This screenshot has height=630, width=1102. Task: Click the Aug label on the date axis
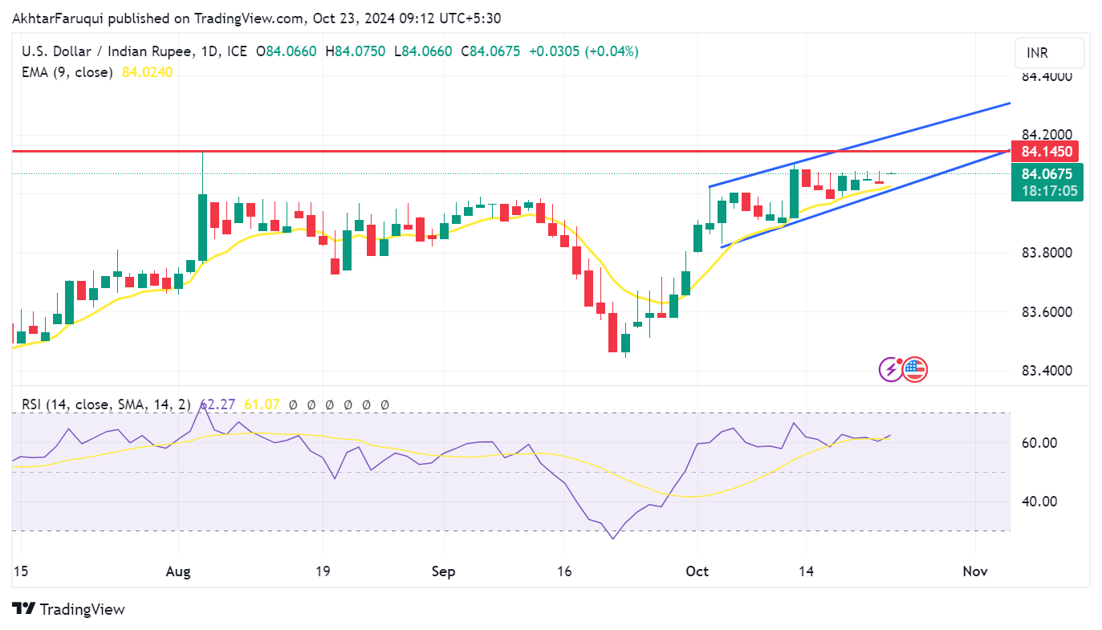tap(178, 571)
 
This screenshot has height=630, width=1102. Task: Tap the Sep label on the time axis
tap(443, 571)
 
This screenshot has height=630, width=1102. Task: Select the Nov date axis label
tap(974, 571)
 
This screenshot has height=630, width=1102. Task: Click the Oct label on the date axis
tap(697, 571)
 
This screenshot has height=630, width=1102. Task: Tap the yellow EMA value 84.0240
tap(147, 72)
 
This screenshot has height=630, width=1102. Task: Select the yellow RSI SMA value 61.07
tap(262, 404)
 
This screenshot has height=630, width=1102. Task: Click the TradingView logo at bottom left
tap(69, 609)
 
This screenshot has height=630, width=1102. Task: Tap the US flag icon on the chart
tap(915, 369)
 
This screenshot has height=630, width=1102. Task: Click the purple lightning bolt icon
tap(890, 369)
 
